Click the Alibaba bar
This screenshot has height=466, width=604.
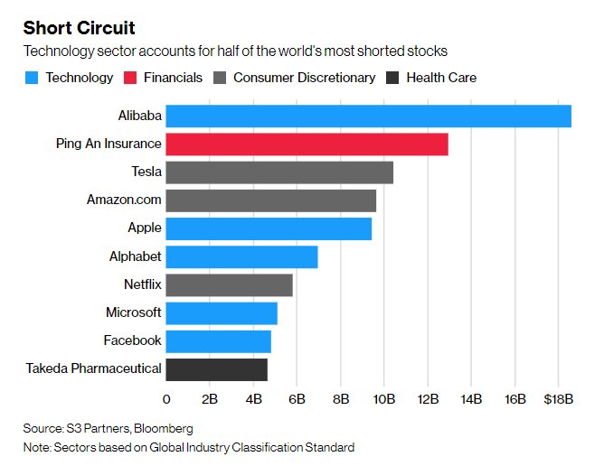[x=368, y=116]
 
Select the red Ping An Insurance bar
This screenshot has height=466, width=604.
[x=307, y=144]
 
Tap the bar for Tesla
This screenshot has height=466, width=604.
[x=279, y=172]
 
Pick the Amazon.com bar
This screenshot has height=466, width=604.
[x=270, y=200]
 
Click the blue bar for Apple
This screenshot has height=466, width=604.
[x=269, y=228]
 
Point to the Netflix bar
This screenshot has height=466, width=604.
[x=229, y=284]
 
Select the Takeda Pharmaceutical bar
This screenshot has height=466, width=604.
[x=216, y=368]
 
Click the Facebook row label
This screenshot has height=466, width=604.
[x=132, y=340]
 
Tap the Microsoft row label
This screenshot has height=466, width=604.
[x=133, y=312]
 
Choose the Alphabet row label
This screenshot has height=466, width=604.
[x=135, y=256]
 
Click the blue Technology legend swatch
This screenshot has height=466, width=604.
[x=32, y=78]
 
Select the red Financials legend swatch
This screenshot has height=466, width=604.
[x=132, y=78]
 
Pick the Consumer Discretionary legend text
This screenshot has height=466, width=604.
[x=304, y=78]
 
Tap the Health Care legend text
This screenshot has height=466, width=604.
[x=441, y=78]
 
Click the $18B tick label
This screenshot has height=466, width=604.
[x=558, y=398]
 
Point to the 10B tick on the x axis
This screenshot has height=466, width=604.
[x=384, y=398]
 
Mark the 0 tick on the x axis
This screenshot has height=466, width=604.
[x=166, y=398]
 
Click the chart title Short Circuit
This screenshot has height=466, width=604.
[x=80, y=27]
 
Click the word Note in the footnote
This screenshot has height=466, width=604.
[x=39, y=447]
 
